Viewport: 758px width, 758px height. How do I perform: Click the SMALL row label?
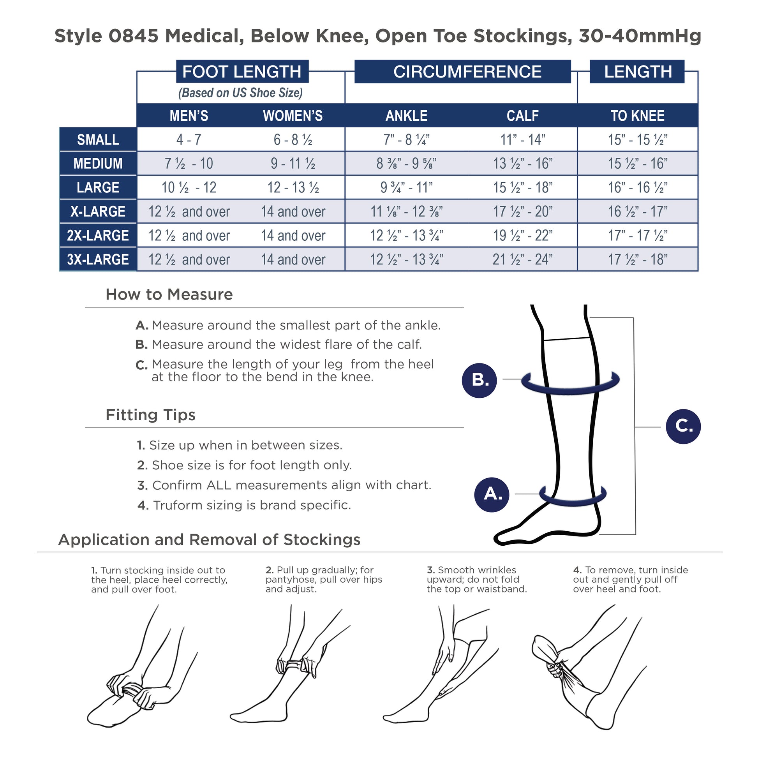[98, 140]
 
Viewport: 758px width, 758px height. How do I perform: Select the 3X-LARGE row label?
[98, 259]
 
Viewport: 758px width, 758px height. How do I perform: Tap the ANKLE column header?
[407, 116]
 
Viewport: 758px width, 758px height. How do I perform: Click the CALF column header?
[523, 116]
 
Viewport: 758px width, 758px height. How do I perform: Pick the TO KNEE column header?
[638, 116]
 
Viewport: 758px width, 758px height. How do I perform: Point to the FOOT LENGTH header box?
[242, 71]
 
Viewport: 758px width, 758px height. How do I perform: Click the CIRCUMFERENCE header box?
[463, 71]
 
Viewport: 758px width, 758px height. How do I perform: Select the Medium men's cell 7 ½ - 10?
[189, 164]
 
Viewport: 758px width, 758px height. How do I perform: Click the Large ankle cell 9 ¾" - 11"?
[407, 187]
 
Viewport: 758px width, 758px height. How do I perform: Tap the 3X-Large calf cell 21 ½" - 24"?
[523, 259]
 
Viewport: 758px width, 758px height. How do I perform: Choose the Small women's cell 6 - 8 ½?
[293, 140]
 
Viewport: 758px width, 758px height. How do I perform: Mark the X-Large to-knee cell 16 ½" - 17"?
[638, 212]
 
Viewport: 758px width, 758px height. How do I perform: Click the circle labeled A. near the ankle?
[492, 494]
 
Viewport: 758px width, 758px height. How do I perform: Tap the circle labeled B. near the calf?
[479, 380]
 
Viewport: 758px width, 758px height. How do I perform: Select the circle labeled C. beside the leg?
[684, 427]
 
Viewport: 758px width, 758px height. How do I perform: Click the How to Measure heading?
[169, 294]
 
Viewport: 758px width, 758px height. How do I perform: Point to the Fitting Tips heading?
[150, 415]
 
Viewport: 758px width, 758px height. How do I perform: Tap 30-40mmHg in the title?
[640, 36]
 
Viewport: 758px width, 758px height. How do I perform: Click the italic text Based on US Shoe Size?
[240, 93]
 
